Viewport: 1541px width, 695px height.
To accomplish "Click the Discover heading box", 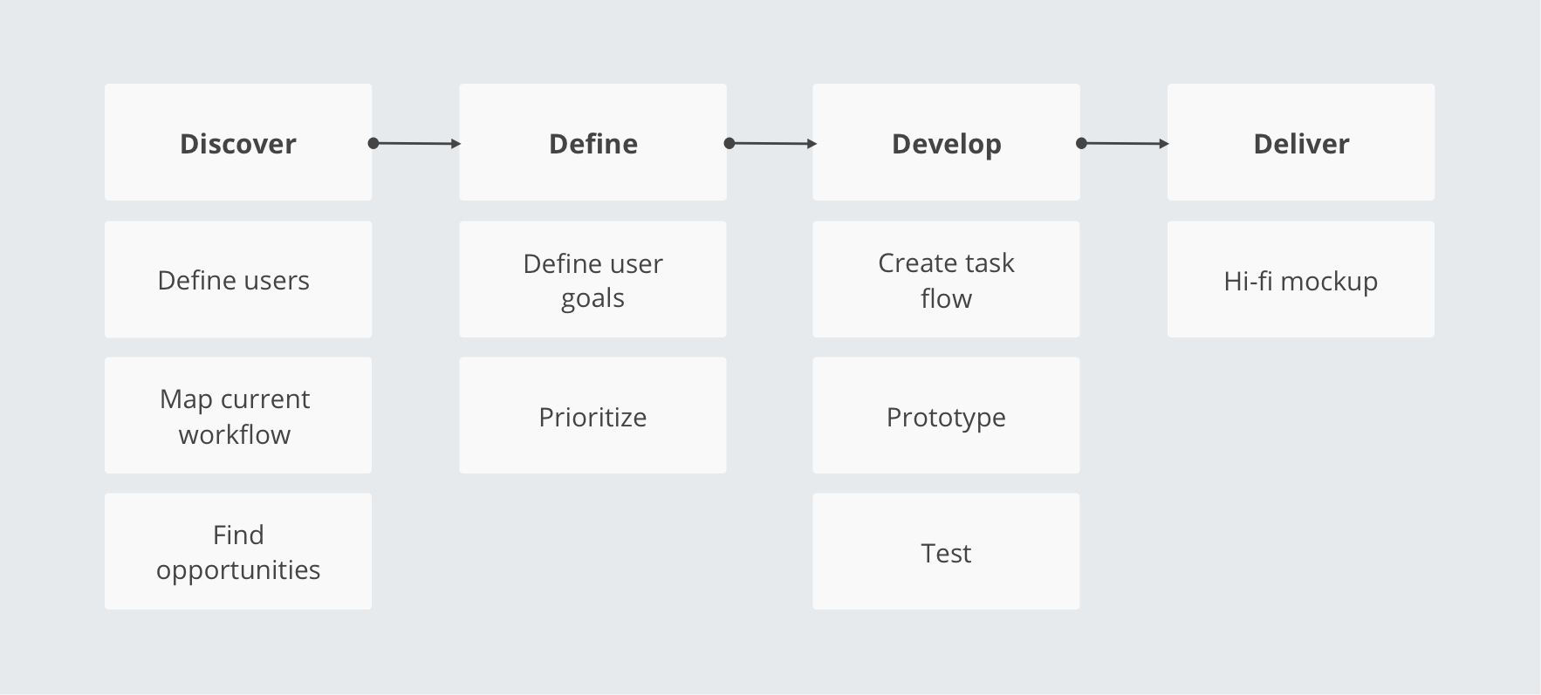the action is tap(238, 142).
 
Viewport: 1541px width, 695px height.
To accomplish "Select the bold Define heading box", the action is tap(592, 142).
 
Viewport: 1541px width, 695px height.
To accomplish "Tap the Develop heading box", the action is tap(946, 142).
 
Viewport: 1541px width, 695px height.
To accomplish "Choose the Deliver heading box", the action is tap(1301, 142).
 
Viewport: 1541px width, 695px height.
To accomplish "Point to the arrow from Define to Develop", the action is tap(770, 143).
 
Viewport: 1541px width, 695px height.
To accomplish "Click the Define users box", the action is tap(238, 279).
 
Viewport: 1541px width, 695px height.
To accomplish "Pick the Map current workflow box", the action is tap(238, 415).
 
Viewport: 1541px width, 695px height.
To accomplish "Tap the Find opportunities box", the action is tap(238, 551).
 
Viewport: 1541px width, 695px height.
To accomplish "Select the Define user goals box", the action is tap(592, 279).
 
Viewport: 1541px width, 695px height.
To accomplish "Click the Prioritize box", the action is tap(592, 415).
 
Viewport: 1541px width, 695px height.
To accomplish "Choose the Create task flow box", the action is tap(946, 279).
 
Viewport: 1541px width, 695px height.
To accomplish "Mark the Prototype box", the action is tap(946, 415).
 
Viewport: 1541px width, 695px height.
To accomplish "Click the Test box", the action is tap(946, 551).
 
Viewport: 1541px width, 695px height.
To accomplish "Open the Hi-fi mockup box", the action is tap(1301, 279).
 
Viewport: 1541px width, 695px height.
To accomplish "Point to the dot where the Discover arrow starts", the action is tap(373, 143).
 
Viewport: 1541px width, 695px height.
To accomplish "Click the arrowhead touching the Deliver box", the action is tap(1165, 143).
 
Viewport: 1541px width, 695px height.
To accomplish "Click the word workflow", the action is tap(235, 434).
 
